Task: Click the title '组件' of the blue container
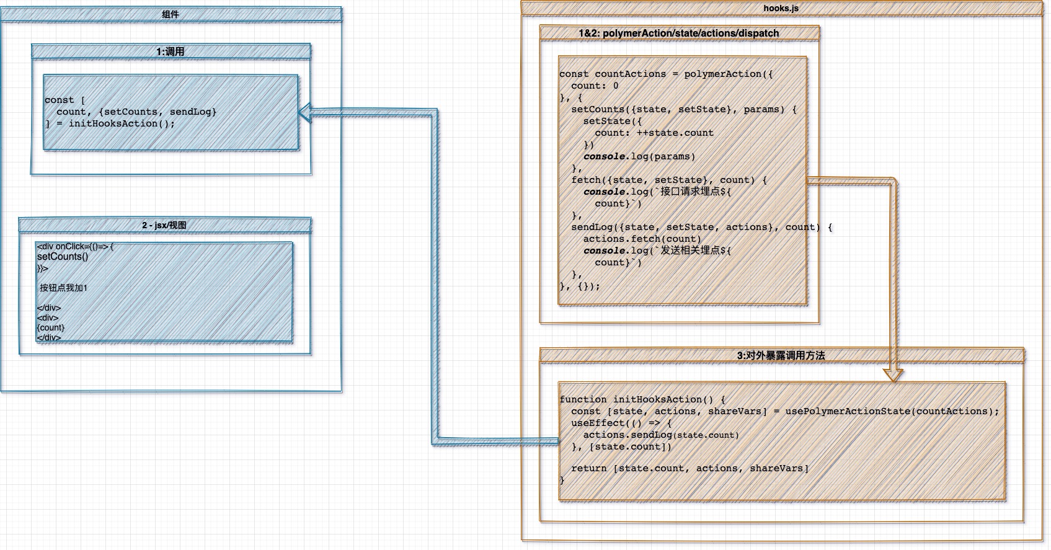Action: (171, 14)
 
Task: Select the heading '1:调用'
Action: (171, 51)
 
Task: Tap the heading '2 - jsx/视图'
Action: (164, 225)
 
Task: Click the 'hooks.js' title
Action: (781, 8)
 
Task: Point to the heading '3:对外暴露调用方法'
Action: (781, 355)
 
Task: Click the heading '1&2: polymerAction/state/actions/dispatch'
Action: (678, 33)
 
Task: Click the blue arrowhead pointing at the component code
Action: (306, 112)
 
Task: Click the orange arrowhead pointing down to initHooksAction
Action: (893, 375)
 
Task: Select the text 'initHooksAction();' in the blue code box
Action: (122, 123)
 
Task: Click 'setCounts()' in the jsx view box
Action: (63, 257)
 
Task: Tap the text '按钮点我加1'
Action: (64, 288)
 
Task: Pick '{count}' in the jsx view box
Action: (51, 327)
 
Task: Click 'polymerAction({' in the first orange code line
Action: (729, 74)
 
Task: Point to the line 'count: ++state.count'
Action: (654, 133)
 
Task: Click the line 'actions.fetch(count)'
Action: (642, 239)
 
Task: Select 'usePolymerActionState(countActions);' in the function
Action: (892, 411)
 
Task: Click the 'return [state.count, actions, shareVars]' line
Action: (690, 468)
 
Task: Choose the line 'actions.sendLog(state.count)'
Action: (660, 435)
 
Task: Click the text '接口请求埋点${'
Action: (696, 192)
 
